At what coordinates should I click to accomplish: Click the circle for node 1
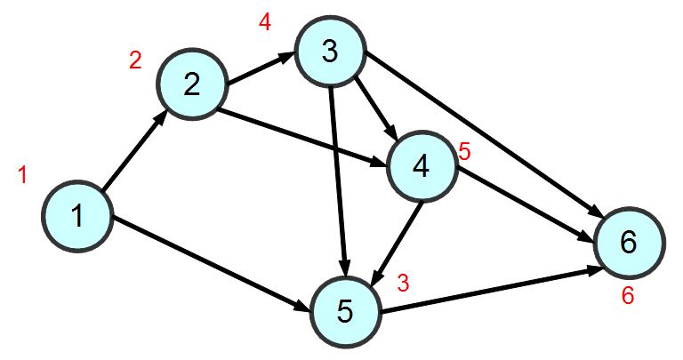pos(77,216)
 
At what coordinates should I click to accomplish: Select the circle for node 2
pos(191,84)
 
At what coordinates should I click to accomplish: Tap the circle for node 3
pos(330,53)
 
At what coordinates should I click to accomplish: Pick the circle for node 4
pos(421,166)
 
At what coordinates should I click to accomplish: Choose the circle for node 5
pos(345,310)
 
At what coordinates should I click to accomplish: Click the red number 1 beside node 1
pos(23,175)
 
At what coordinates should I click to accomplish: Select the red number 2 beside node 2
pos(135,60)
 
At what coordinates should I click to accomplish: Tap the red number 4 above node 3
pos(264,22)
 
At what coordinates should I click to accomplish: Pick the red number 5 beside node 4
pos(463,152)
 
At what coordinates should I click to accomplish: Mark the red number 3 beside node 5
pos(403,284)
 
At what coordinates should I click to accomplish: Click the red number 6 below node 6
pos(628,296)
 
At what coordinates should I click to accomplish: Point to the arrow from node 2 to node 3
pos(261,69)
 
